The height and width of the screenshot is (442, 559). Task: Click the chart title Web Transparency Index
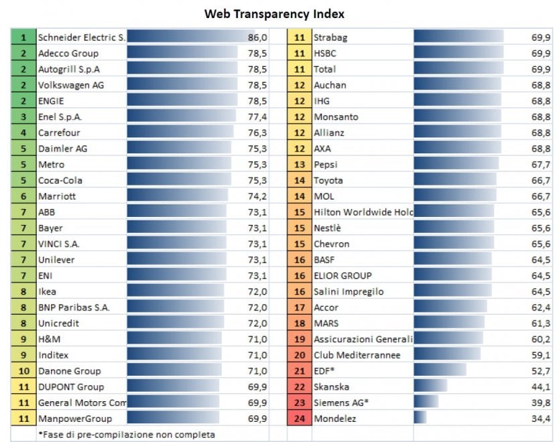coord(274,14)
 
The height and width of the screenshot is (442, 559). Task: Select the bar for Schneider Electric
coord(191,36)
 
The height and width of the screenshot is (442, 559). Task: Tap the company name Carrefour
coord(59,133)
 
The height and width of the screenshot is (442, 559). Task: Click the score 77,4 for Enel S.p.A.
coord(257,117)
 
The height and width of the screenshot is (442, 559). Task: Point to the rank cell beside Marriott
coord(23,196)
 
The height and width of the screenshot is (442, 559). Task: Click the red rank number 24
coord(300,419)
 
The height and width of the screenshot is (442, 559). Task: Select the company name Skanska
coord(331,387)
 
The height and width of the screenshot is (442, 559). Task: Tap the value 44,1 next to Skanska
coord(541,387)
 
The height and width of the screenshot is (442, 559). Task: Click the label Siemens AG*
coord(341,402)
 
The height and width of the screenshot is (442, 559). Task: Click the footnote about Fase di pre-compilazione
coord(127,435)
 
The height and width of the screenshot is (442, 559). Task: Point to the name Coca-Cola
coord(60,181)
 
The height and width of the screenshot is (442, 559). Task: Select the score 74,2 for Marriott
coord(257,196)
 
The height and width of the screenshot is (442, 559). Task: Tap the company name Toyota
coord(328,181)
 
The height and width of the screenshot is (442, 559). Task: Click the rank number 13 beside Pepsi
coord(300,165)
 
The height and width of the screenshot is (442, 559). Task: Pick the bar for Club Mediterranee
coord(447,354)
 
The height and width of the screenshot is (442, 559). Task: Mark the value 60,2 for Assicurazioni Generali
coord(541,339)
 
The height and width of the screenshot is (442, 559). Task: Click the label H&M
coord(49,339)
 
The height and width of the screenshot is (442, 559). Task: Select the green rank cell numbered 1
coord(23,38)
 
